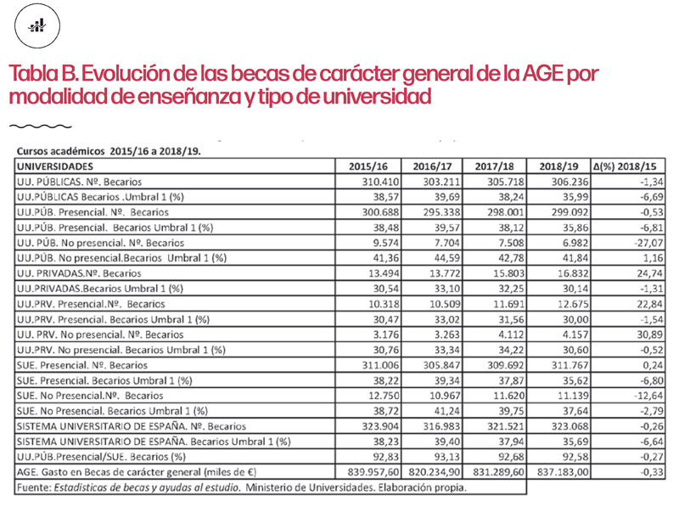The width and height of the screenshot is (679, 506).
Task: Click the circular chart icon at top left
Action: [x=36, y=28]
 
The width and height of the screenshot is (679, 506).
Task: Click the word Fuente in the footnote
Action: [x=36, y=487]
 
